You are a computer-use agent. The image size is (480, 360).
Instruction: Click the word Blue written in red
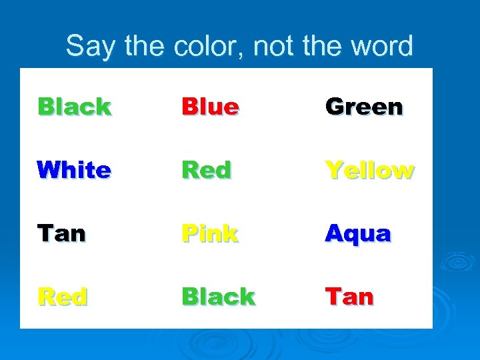pyautogui.click(x=210, y=107)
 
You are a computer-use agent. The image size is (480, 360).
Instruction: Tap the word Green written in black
pyautogui.click(x=363, y=107)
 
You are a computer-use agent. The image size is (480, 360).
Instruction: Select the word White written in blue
pyautogui.click(x=74, y=170)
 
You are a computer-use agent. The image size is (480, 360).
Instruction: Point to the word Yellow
pyautogui.click(x=369, y=170)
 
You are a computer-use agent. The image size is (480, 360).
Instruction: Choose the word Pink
pyautogui.click(x=210, y=233)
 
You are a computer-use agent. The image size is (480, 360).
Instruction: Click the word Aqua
pyautogui.click(x=357, y=233)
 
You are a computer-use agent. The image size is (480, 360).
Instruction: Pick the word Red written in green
pyautogui.click(x=207, y=170)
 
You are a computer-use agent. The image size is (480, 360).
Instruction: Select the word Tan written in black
pyautogui.click(x=61, y=233)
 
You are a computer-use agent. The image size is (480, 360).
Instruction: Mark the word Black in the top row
pyautogui.click(x=74, y=107)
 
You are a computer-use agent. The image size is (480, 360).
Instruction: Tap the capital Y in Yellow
pyautogui.click(x=333, y=170)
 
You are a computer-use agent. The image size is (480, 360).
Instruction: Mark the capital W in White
pyautogui.click(x=49, y=170)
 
